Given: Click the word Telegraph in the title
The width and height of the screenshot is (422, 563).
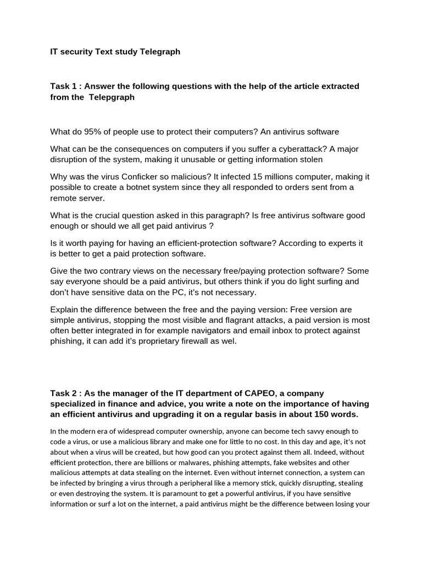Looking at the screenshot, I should (161, 52).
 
